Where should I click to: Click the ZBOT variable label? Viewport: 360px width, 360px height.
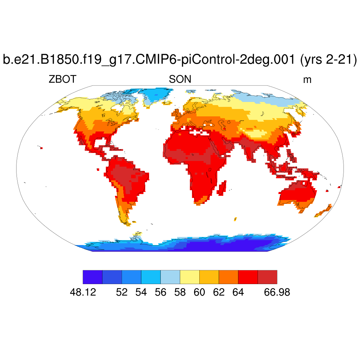coord(62,80)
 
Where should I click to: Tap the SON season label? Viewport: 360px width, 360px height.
coord(180,80)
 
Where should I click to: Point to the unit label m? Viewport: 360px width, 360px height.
coord(307,80)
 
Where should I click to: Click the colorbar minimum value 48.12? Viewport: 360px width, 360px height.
coord(83,292)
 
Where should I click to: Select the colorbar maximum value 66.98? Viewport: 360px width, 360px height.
coord(277,292)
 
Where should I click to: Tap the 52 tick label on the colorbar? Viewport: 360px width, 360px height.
coord(122,292)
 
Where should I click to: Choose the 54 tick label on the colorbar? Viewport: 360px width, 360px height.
coord(141,292)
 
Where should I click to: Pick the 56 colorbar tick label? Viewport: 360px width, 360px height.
coord(160,292)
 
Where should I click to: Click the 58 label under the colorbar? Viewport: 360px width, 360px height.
coord(180,292)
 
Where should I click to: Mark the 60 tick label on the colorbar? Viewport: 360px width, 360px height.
coord(199,292)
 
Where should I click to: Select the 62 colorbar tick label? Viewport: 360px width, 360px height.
coord(219,292)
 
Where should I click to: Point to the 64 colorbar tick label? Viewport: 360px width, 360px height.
coord(238,292)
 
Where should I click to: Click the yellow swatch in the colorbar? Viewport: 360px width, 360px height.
coord(189,277)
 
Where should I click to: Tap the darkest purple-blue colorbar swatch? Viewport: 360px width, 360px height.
coord(92,277)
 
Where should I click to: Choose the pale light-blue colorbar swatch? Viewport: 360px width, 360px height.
coord(170,277)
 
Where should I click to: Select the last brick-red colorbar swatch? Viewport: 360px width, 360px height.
coord(267,277)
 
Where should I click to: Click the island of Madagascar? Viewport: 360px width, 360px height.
coord(221,188)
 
